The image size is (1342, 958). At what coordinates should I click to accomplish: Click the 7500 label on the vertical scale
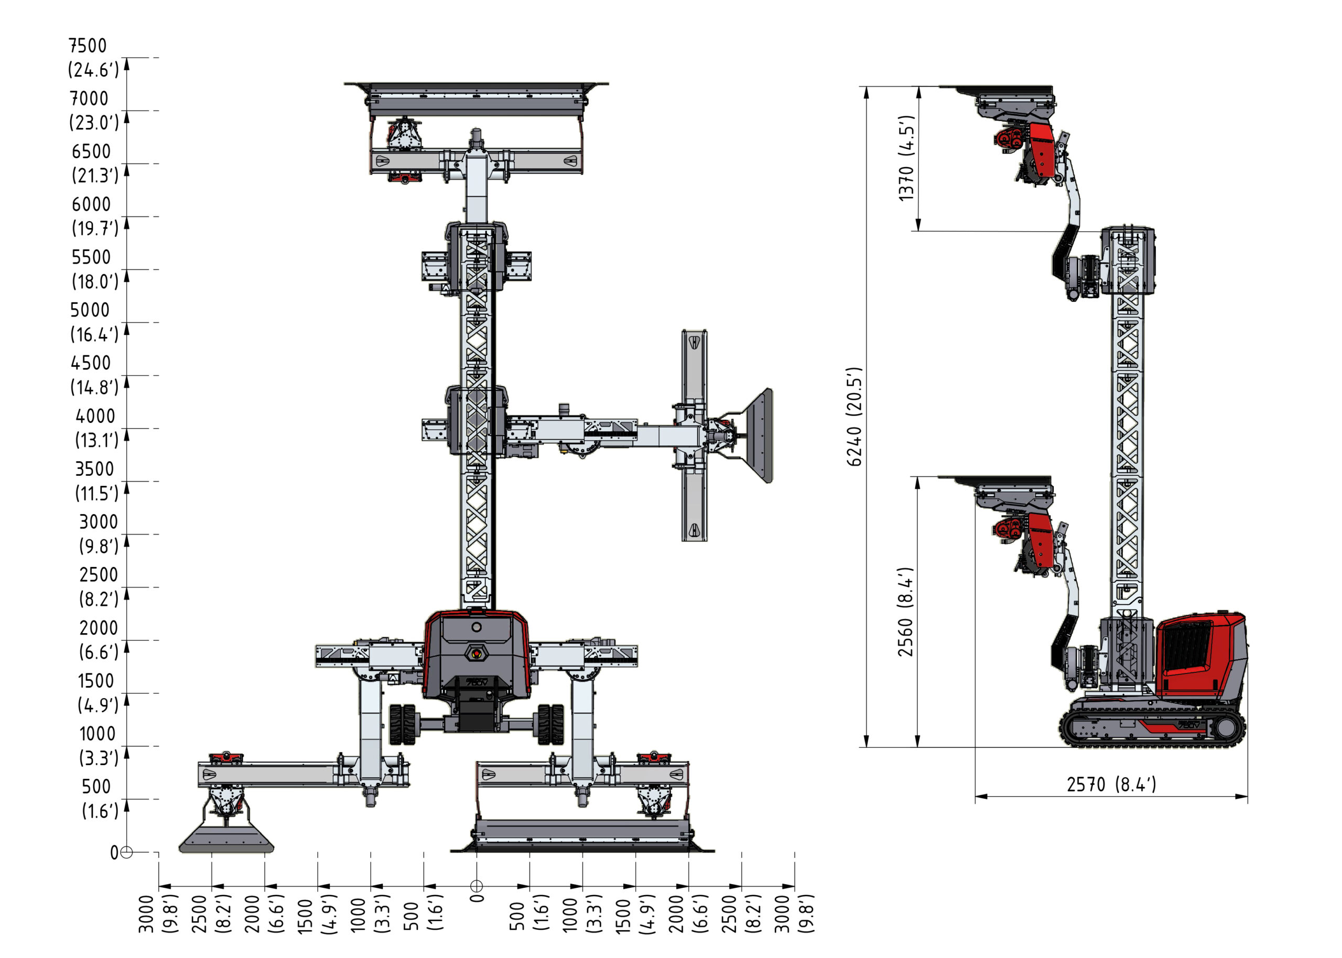click(x=88, y=46)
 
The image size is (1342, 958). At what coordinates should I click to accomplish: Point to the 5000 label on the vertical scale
click(x=90, y=310)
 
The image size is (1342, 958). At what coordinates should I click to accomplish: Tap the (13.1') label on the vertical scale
click(x=96, y=440)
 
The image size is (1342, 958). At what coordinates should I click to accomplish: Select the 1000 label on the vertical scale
click(x=98, y=733)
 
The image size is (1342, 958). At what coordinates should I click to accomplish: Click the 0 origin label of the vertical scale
click(x=114, y=853)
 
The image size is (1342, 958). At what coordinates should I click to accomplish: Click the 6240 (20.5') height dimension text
click(x=854, y=417)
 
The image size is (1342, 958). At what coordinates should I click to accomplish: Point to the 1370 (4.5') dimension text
click(x=905, y=158)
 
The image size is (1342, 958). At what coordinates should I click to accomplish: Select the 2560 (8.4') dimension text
click(x=905, y=612)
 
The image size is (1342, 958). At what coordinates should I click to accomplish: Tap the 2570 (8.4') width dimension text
click(x=1111, y=784)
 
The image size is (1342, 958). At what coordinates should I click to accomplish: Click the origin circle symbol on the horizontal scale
click(x=476, y=886)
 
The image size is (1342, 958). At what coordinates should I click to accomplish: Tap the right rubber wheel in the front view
click(x=550, y=724)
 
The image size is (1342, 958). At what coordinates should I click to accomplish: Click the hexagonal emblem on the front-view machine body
click(x=476, y=653)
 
